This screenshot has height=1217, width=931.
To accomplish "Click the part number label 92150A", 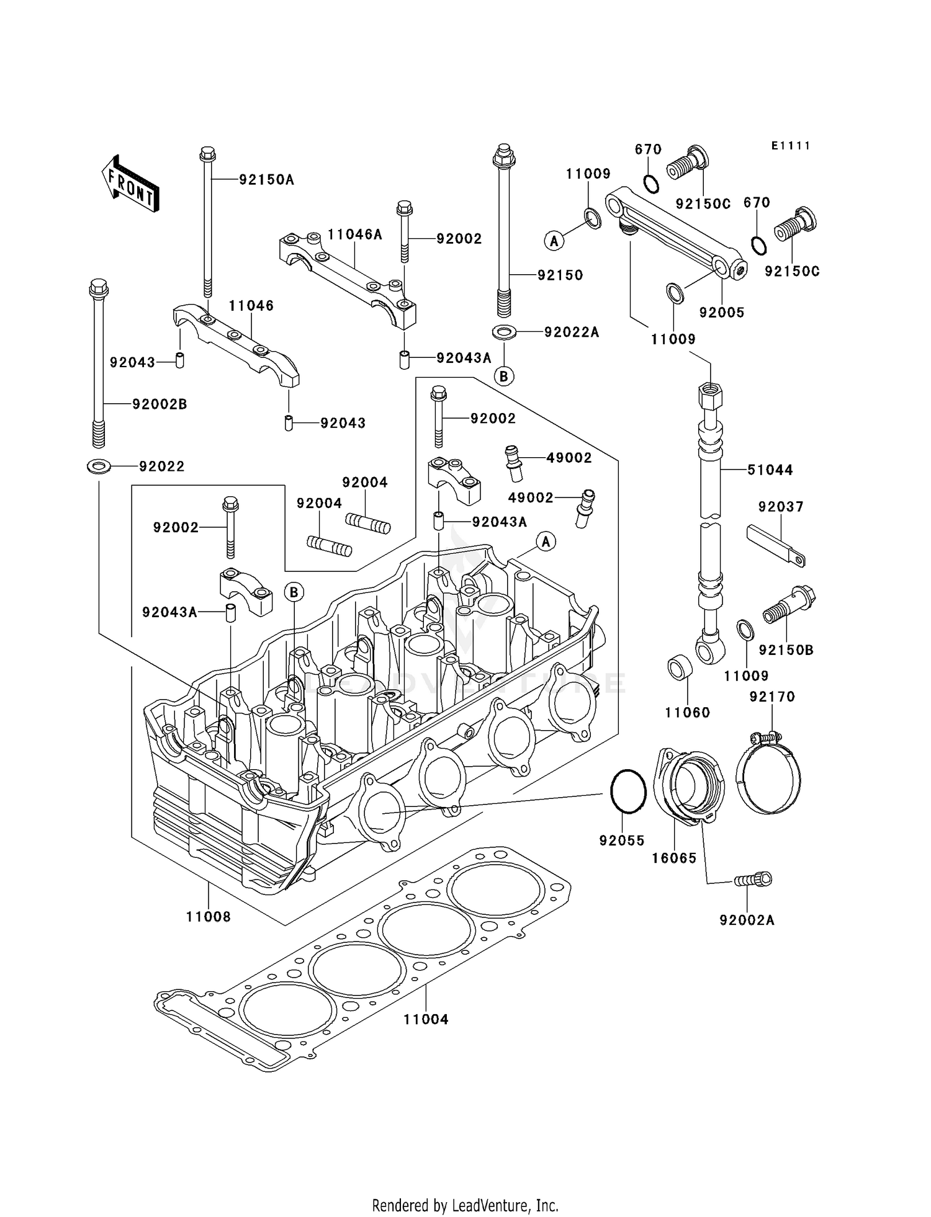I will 266,180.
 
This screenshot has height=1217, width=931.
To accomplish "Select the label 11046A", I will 354,234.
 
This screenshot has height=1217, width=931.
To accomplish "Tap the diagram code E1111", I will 791,146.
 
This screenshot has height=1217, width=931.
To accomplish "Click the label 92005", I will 722,313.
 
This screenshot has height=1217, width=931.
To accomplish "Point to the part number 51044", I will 770,470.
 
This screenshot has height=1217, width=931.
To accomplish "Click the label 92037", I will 780,507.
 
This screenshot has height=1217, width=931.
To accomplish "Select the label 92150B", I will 786,650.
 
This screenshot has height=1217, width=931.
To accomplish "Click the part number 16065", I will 674,858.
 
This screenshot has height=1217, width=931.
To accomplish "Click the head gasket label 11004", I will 426,1019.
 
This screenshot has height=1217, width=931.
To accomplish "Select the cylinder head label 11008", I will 209,917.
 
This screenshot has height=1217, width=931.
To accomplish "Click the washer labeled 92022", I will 99,465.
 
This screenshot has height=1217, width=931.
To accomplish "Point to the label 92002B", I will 160,404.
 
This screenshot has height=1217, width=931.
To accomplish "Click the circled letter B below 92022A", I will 504,376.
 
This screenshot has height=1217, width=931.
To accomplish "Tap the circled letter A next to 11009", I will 554,240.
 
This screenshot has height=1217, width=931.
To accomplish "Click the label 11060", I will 687,713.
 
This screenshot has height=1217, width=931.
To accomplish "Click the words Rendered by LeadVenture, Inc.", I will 465,1206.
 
